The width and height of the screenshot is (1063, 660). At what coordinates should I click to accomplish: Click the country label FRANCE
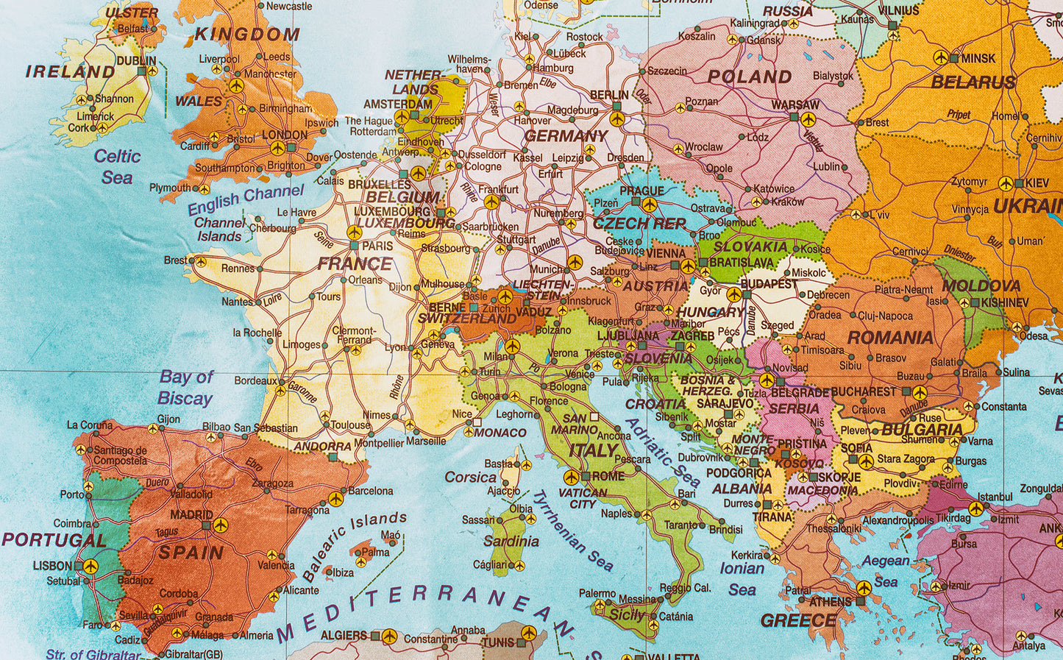coord(355,263)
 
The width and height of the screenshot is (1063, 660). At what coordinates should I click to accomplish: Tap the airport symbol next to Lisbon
coord(90,566)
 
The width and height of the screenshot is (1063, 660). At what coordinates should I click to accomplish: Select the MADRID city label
coord(191,515)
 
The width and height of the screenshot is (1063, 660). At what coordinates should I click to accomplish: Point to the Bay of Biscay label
coord(185,388)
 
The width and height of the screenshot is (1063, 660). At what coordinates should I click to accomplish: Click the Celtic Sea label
coord(117,167)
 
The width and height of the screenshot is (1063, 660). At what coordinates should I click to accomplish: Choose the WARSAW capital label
coord(794,105)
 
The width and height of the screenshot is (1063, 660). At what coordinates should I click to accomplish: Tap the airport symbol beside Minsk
coord(940,57)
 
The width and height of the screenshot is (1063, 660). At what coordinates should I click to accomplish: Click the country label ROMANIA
coord(890,338)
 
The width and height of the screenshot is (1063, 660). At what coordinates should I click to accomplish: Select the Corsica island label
coord(471,477)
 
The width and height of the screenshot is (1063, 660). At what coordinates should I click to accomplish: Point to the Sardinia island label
coord(511,542)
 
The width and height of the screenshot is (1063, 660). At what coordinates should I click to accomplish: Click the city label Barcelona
coord(370,491)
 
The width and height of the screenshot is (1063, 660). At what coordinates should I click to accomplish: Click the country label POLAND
coord(750,77)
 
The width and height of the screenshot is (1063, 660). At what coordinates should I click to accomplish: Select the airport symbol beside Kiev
coord(1006,183)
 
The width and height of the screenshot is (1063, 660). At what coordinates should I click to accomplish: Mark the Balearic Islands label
coord(355,545)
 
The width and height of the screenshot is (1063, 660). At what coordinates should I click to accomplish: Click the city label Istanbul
coord(995,497)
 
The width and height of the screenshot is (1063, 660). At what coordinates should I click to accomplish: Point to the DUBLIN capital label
coord(136,61)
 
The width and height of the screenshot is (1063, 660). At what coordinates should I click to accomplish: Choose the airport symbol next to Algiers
coord(389,636)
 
